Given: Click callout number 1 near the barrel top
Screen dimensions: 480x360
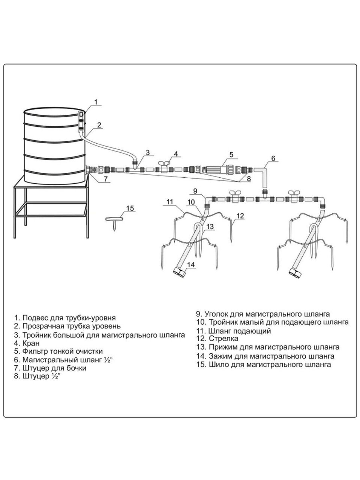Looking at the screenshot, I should coord(95,102).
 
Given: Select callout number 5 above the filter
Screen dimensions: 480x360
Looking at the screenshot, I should coord(231,154).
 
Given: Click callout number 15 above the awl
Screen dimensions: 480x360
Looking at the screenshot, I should coord(130,208).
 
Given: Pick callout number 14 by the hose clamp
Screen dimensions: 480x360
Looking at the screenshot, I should coord(191,265).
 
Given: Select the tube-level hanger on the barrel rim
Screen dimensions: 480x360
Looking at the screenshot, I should coord(81,120).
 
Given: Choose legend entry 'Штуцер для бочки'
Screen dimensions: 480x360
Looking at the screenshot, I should coord(54,368).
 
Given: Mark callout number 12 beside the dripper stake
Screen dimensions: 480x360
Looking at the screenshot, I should coord(240,216).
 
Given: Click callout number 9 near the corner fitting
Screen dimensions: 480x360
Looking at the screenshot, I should coord(195,190).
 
